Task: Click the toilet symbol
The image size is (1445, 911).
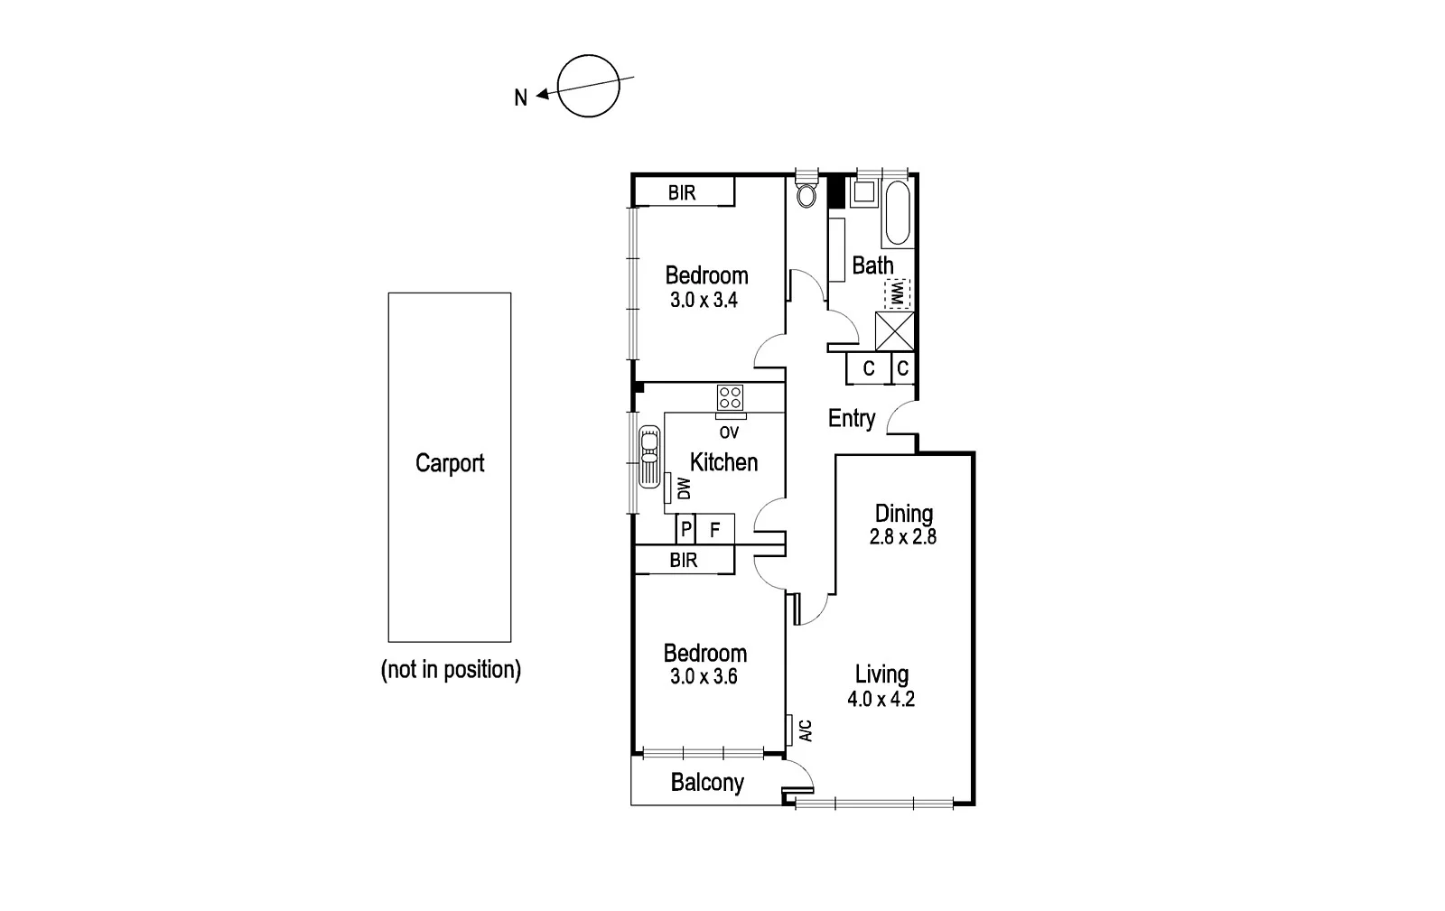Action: [x=806, y=193]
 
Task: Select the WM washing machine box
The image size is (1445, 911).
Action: [x=897, y=293]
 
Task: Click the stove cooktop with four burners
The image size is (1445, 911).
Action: [x=730, y=397]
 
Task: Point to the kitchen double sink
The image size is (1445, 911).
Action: [x=648, y=458]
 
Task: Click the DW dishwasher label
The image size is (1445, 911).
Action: [x=684, y=488]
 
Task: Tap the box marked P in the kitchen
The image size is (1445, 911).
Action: [x=685, y=529]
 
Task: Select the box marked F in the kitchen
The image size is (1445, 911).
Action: [x=714, y=529]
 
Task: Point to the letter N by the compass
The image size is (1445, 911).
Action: [x=520, y=98]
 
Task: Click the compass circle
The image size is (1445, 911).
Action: [x=589, y=86]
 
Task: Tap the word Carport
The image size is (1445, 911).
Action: [x=450, y=463]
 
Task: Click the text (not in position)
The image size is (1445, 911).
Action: [x=451, y=670]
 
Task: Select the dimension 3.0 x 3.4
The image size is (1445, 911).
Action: [x=704, y=301]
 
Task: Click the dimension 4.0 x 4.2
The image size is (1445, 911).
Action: [x=881, y=699]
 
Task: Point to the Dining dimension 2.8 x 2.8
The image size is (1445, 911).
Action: [x=902, y=536]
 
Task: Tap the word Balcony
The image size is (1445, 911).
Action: [x=707, y=782]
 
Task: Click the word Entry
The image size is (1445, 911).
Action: [x=852, y=418]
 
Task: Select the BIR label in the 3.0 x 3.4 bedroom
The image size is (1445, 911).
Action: [x=682, y=193]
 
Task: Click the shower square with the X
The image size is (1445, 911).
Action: [x=895, y=330]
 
